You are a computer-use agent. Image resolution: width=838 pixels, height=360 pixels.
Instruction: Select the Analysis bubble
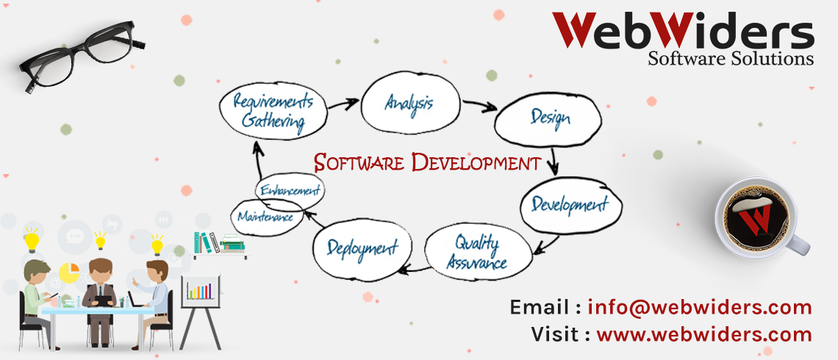pyautogui.click(x=410, y=103)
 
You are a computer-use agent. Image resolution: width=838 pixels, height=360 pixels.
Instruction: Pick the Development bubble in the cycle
pyautogui.click(x=570, y=204)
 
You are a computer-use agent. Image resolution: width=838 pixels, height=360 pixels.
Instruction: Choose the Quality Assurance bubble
pyautogui.click(x=478, y=251)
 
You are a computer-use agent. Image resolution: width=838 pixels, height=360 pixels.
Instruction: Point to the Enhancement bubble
pyautogui.click(x=290, y=190)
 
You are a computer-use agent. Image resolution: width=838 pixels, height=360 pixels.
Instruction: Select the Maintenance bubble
pyautogui.click(x=266, y=217)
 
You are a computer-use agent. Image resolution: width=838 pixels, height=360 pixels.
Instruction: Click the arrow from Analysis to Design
pyautogui.click(x=479, y=106)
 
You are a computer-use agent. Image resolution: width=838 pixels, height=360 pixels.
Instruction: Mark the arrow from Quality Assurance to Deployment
pyautogui.click(x=413, y=268)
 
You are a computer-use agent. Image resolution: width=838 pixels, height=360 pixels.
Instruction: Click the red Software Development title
pyautogui.click(x=427, y=162)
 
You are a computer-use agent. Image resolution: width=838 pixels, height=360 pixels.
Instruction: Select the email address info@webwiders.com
pyautogui.click(x=700, y=308)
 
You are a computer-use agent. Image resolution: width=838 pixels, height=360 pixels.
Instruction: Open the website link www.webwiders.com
pyautogui.click(x=704, y=335)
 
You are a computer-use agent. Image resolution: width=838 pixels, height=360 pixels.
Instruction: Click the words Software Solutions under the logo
pyautogui.click(x=731, y=58)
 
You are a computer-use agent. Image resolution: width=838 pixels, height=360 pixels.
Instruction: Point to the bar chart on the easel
pyautogui.click(x=200, y=290)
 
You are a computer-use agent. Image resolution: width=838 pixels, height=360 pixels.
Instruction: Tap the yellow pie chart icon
pyautogui.click(x=69, y=273)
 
